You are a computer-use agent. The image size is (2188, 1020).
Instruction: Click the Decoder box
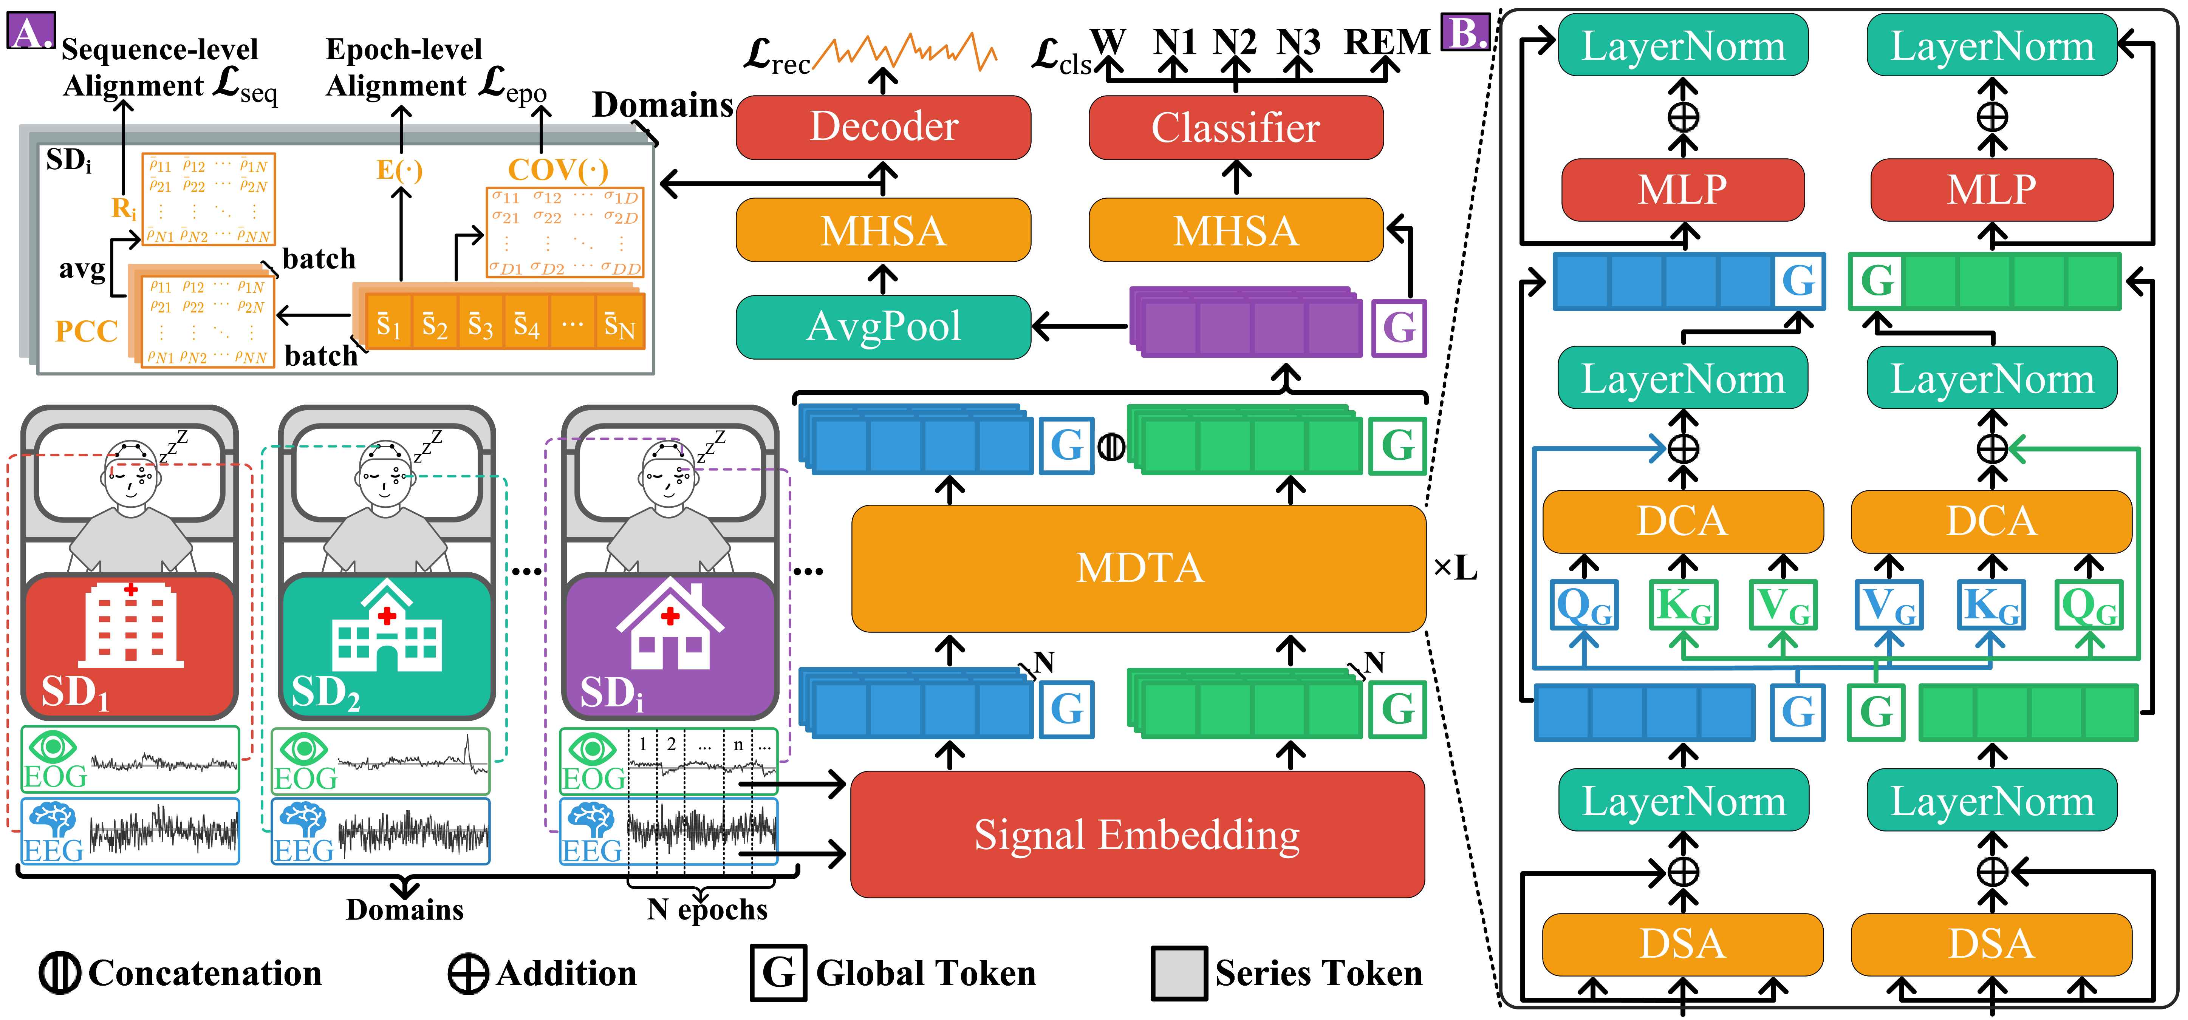[x=884, y=127]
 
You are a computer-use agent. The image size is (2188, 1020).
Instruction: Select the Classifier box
[x=1236, y=127]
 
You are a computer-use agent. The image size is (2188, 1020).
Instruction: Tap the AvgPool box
[x=884, y=327]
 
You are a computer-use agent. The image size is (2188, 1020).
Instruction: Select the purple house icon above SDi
[x=670, y=624]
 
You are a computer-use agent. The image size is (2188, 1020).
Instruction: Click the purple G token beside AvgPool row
[x=1399, y=328]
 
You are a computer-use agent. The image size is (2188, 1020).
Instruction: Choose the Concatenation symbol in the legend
[x=59, y=973]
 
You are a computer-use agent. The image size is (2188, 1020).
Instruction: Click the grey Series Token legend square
[x=1179, y=973]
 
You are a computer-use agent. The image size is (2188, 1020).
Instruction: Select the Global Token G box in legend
[x=778, y=973]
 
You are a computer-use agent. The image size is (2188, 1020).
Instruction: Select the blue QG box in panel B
[x=1583, y=606]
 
